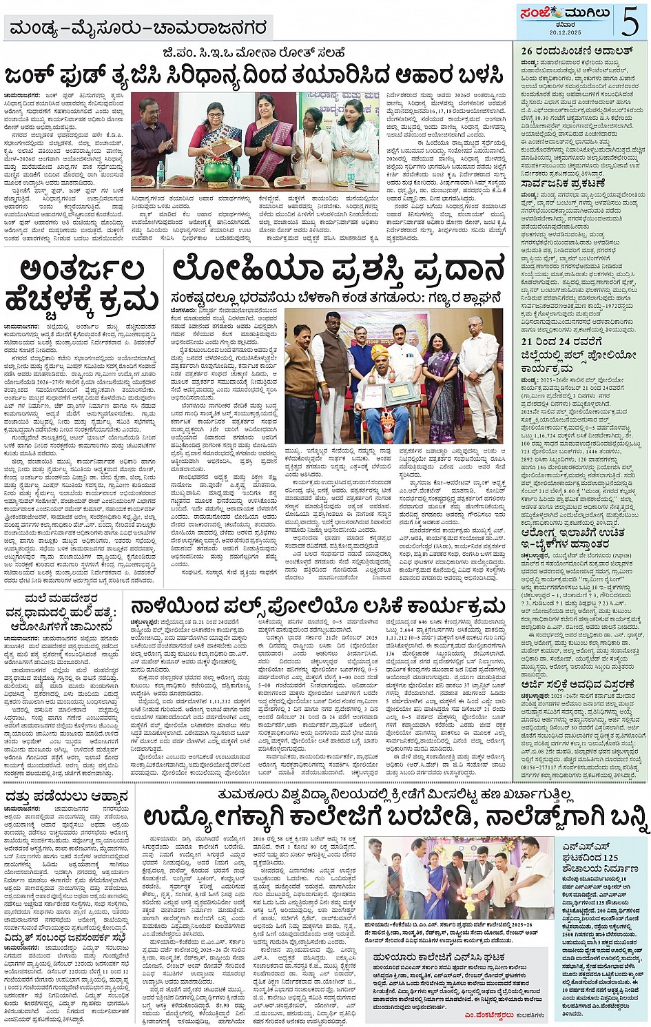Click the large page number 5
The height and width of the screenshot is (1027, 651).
click(630, 20)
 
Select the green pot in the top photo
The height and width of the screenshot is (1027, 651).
click(227, 170)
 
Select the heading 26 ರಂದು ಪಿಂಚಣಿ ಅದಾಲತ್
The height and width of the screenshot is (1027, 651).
click(567, 51)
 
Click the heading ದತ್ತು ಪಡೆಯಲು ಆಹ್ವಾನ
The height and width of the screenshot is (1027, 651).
click(66, 796)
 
